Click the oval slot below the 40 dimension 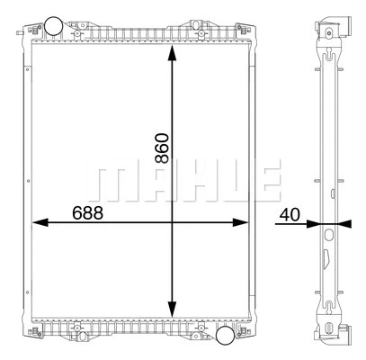tap(328, 236)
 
